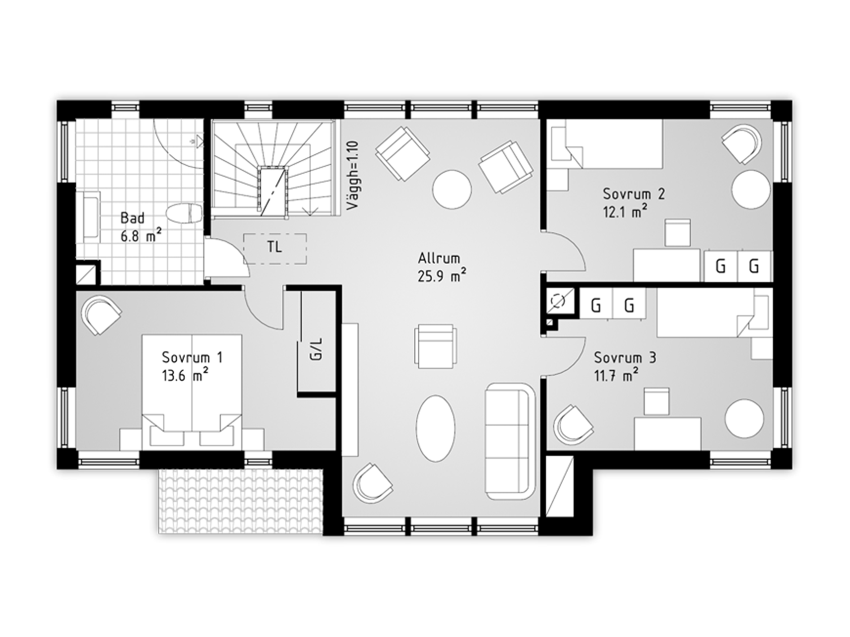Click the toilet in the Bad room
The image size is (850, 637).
coord(184,214)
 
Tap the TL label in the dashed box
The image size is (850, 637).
coord(274,247)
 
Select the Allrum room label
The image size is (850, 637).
coord(439,258)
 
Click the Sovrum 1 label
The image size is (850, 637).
coord(192,357)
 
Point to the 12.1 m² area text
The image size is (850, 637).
coord(625,212)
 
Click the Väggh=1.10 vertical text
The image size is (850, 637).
coord(353,175)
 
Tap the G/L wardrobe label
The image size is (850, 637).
coord(316,349)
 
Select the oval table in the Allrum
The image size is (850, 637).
coord(436,428)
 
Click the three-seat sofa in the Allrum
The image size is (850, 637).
coord(510,441)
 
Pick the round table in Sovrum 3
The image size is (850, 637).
coord(744,419)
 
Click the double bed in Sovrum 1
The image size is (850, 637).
coord(192,390)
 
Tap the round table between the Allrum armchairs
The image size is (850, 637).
coord(452,190)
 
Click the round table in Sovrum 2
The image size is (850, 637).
coord(751,190)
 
